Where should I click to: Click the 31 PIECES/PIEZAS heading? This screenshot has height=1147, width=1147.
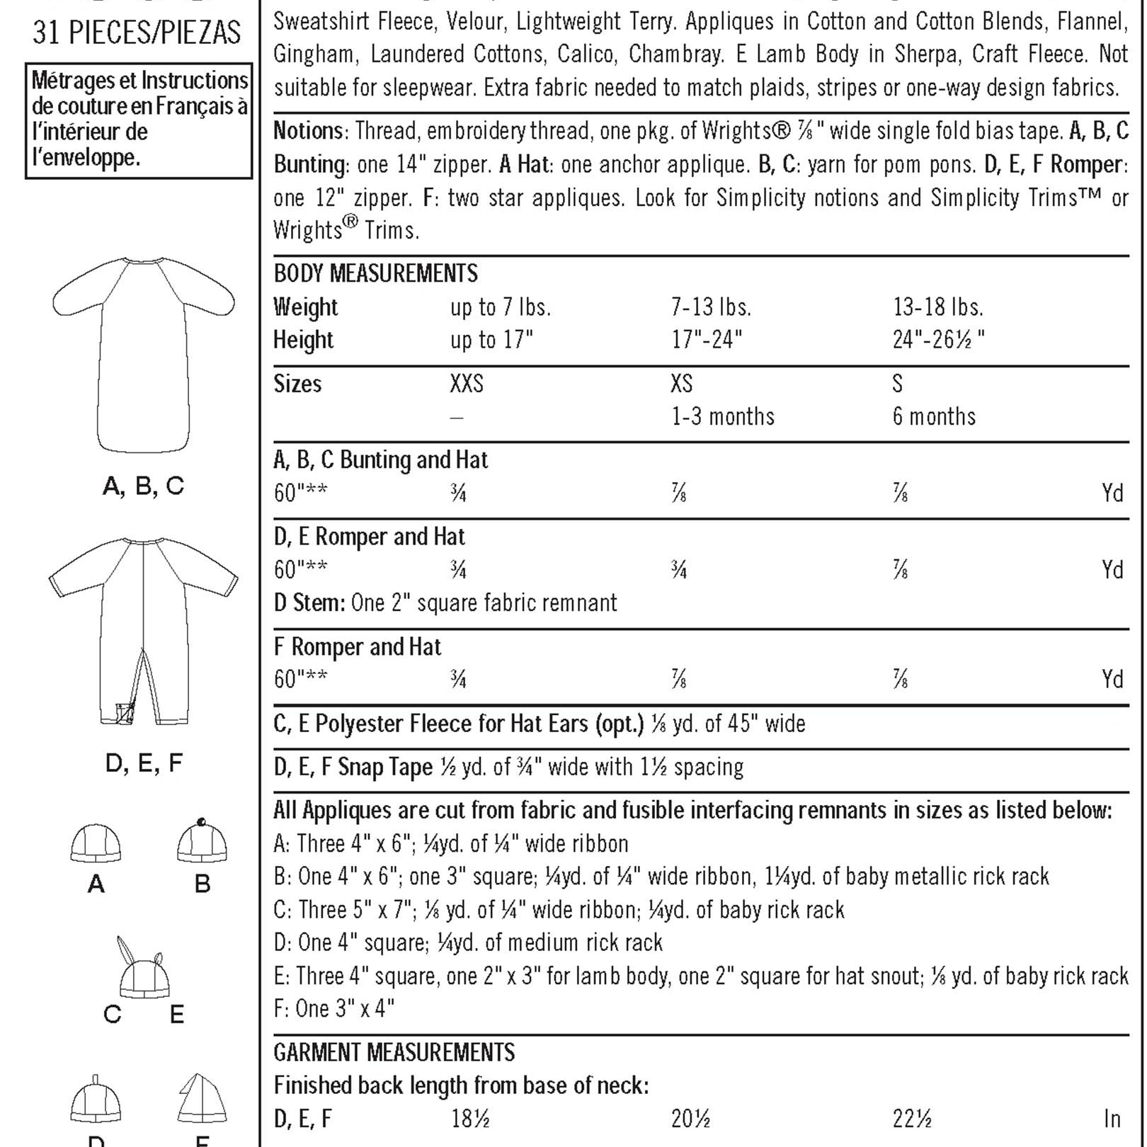click(x=137, y=33)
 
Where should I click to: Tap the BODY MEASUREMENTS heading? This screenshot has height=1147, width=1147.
click(x=375, y=273)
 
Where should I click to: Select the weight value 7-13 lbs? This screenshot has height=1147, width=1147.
click(x=711, y=307)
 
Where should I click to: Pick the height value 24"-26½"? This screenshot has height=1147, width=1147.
click(x=938, y=340)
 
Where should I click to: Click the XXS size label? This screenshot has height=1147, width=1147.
click(x=467, y=384)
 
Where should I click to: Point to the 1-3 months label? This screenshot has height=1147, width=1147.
click(x=723, y=416)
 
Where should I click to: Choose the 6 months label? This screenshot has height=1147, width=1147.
click(x=934, y=416)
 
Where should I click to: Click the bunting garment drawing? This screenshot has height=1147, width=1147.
click(x=143, y=354)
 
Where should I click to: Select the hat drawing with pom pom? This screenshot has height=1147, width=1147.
click(x=202, y=841)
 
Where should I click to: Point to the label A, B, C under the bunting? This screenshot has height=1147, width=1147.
click(x=143, y=486)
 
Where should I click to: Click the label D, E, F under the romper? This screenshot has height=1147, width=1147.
click(x=144, y=763)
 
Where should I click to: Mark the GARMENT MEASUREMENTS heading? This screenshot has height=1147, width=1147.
click(x=394, y=1053)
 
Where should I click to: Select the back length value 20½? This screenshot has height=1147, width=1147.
click(x=690, y=1119)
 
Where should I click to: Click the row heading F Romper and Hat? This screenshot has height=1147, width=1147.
click(x=357, y=646)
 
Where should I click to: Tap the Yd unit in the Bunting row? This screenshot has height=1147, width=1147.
click(x=1112, y=493)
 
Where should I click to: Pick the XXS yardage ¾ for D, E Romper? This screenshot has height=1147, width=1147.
click(x=458, y=570)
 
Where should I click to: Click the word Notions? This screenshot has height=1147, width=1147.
click(x=308, y=131)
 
